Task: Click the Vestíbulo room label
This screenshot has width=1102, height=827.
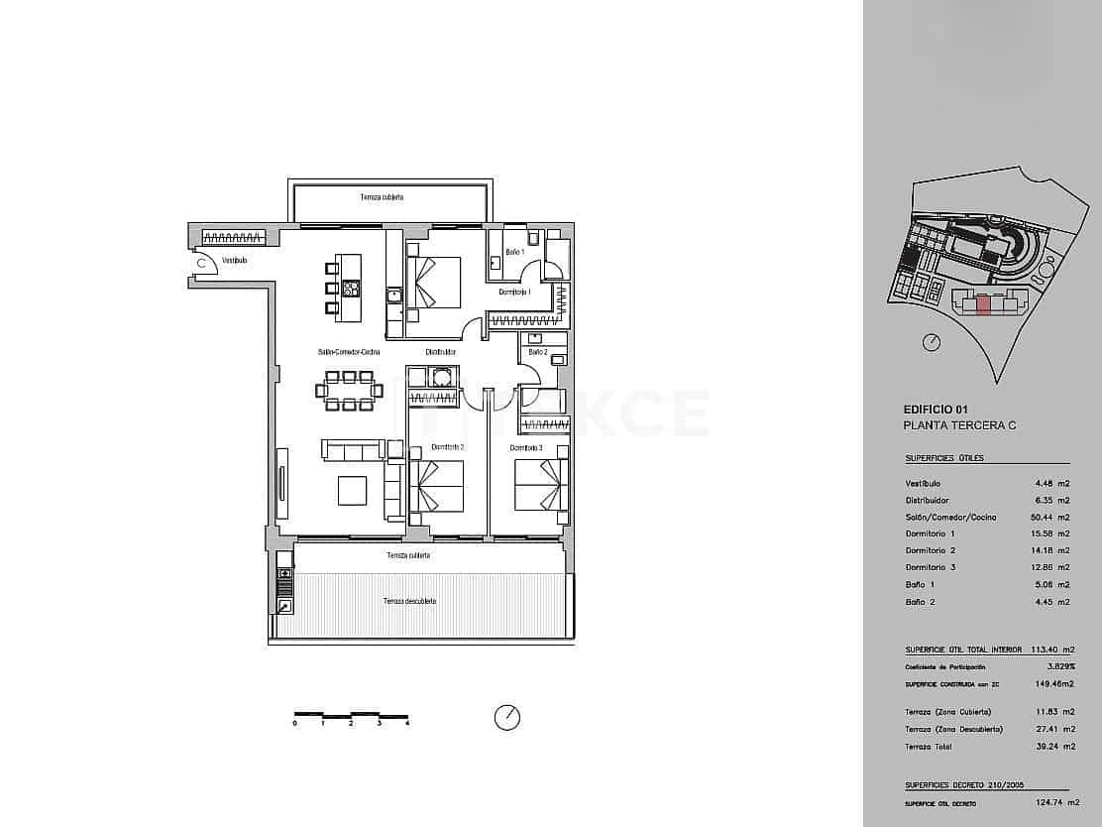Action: click(234, 261)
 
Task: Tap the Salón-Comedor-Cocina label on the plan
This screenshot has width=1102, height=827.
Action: click(349, 352)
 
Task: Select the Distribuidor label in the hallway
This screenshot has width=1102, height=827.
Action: click(441, 352)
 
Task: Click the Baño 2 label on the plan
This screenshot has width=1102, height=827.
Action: click(537, 352)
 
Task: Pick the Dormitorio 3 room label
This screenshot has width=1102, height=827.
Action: click(527, 448)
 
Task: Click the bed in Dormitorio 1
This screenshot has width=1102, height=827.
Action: click(434, 283)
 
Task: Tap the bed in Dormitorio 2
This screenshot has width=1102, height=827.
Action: click(437, 486)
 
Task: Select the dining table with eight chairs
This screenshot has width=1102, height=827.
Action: click(349, 391)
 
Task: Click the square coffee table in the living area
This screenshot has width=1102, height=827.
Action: click(352, 491)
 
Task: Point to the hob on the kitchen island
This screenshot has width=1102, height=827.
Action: click(350, 289)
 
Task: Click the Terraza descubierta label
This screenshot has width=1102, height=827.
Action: click(409, 601)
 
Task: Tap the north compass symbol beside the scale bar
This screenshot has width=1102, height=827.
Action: click(506, 717)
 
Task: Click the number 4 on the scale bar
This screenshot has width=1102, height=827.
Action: click(407, 724)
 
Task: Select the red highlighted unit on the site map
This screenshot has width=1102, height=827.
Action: click(982, 304)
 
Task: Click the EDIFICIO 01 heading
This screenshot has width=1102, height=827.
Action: click(936, 409)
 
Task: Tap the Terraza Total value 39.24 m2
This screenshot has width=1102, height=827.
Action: click(1054, 746)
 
